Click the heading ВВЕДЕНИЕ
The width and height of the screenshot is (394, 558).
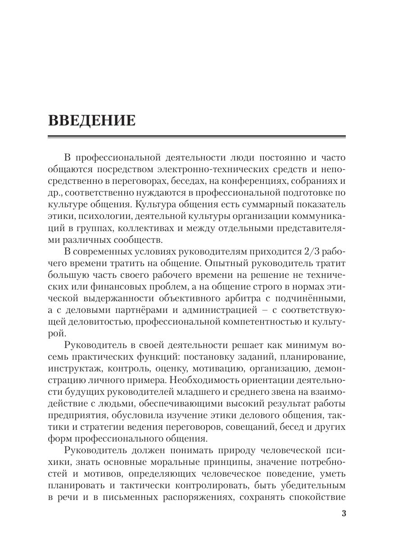(x=91, y=121)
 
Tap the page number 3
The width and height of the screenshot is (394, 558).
(x=344, y=513)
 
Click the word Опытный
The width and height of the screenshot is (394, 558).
(x=213, y=263)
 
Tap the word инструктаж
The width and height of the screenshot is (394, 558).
(x=72, y=368)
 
